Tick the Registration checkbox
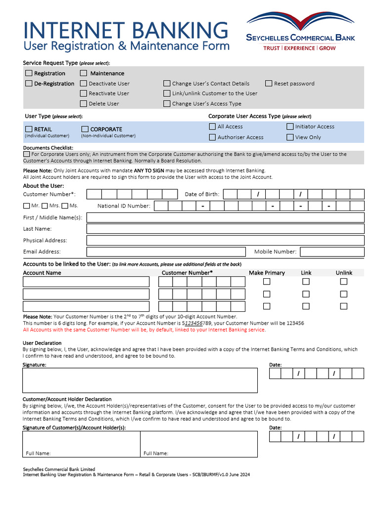29,73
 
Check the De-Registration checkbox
29,84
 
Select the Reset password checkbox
269,84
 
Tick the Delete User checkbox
84,104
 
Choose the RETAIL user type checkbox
29,129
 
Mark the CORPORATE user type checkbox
85,129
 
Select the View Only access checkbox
290,137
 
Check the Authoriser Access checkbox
212,137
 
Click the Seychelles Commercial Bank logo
301,33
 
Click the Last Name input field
225,229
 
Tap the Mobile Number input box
332,252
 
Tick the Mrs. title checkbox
45,206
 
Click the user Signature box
140,380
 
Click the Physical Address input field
225,240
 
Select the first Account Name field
86,282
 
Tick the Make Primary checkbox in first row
267,282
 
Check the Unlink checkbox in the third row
344,306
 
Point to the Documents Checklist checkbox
26,154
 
